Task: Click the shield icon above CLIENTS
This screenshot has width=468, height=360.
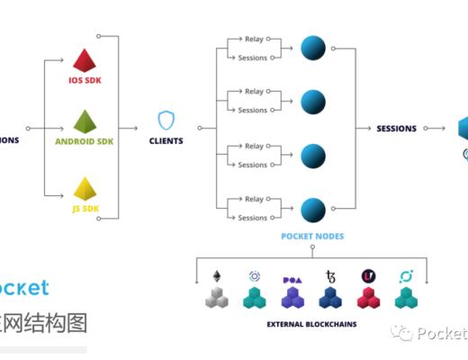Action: (x=166, y=121)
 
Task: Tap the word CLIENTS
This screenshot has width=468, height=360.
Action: (x=166, y=141)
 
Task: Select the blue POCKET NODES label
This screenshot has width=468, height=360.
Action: (x=313, y=237)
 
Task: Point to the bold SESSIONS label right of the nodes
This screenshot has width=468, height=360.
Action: (x=396, y=129)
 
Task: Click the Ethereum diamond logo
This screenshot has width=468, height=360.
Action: (x=216, y=274)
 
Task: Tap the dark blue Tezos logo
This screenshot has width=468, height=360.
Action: (x=329, y=276)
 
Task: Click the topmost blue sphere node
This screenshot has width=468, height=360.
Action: (x=312, y=48)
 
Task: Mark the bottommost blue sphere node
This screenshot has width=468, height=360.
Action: (x=312, y=209)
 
